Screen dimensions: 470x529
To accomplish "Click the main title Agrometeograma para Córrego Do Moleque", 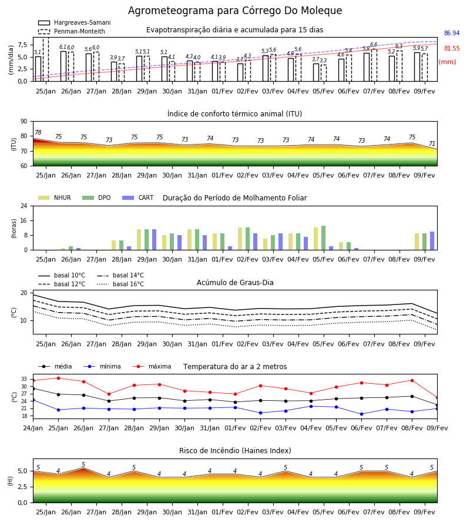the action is click(x=235, y=11).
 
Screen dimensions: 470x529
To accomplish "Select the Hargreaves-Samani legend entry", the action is click(x=74, y=22).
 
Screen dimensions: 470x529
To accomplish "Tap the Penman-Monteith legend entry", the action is click(x=72, y=31).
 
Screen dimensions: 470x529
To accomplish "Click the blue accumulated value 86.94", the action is click(x=452, y=33).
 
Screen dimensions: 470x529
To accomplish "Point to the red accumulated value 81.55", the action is click(x=452, y=48).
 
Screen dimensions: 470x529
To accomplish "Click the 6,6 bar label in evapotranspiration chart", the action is click(x=374, y=45).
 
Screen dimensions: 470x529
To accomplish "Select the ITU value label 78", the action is click(x=38, y=132).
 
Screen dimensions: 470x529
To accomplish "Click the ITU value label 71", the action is click(x=432, y=143).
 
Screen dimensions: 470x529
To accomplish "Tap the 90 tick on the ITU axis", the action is click(x=24, y=121).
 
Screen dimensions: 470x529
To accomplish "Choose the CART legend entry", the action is click(x=138, y=197).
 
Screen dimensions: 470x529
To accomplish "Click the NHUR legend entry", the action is click(x=55, y=197).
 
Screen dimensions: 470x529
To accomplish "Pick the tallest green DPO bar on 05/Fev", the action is click(x=323, y=238).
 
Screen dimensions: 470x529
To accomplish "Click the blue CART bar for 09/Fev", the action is click(x=432, y=241).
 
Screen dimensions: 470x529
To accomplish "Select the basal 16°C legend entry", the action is click(x=120, y=284).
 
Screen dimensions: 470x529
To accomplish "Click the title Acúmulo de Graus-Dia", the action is click(x=235, y=283).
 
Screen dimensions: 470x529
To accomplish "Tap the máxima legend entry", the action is click(x=152, y=366).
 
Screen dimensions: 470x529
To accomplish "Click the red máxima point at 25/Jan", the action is click(x=58, y=378).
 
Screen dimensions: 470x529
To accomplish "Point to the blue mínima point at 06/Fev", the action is click(x=362, y=414).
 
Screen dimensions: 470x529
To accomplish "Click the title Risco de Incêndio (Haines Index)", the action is click(x=235, y=451).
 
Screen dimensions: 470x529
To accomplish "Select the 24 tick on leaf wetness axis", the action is click(x=24, y=206).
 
